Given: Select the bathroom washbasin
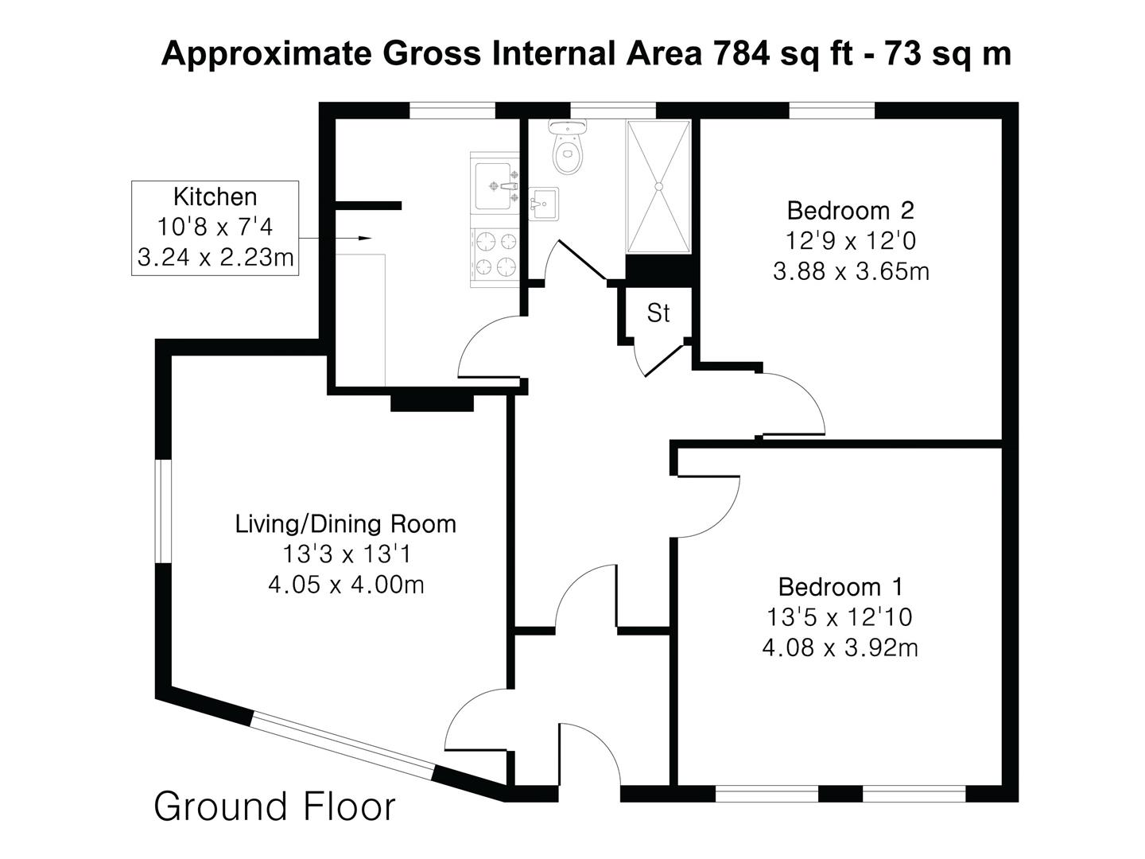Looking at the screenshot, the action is pos(544,204).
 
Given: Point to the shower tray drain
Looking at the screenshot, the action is pos(659,186).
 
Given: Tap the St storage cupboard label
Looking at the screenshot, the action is pos(658,313).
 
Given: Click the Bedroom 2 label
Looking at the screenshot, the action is pos(850,211).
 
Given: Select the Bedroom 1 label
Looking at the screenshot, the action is pos(840,587).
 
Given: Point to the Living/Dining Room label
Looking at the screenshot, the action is pos(346,524).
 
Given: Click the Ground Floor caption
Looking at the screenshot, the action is pos(275,807).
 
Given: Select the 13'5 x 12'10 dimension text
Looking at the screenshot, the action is pos(840,617).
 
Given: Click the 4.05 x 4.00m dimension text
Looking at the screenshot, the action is pos(346,585).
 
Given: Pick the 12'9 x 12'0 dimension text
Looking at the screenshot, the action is pos(850,241).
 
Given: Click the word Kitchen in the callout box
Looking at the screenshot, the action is pos(215,197).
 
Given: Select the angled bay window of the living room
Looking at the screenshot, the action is pos(343,746).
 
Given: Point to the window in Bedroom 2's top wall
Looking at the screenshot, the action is pos(832,111).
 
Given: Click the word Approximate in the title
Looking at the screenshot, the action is pos(266,54).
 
